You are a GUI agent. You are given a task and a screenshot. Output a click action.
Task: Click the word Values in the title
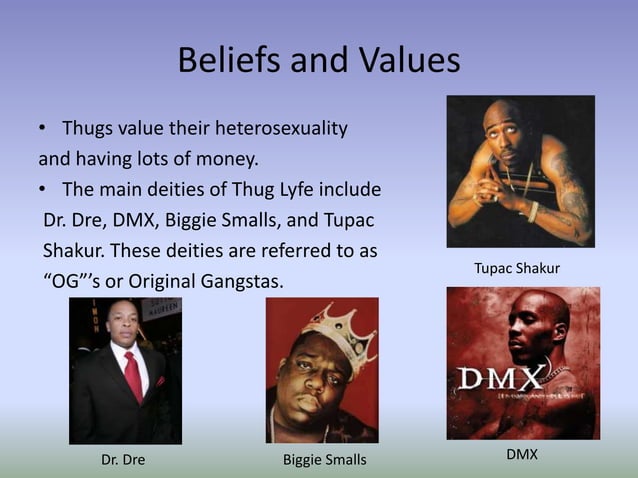(407, 61)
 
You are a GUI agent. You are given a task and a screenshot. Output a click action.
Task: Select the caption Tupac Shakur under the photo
(516, 269)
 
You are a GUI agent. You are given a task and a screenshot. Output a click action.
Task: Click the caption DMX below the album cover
(521, 455)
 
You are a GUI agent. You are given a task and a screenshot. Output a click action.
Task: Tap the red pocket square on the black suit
(160, 381)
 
